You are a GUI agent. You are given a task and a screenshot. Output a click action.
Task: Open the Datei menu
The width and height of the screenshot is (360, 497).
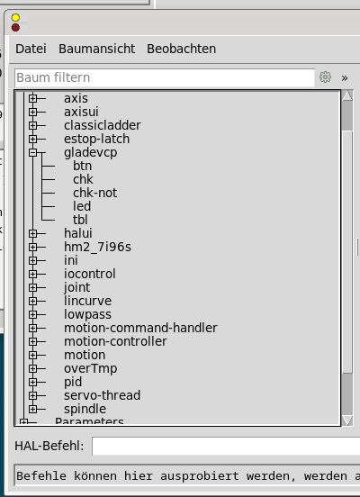coord(31,49)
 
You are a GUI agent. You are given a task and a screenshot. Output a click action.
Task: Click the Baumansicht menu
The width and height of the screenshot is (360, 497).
coord(96,49)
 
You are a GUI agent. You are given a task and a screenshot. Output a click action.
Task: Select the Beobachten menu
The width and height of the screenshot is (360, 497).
coord(181,49)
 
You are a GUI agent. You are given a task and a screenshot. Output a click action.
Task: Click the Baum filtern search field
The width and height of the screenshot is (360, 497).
coord(165,77)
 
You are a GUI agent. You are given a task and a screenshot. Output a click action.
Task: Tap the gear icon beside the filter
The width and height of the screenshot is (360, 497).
coord(325,77)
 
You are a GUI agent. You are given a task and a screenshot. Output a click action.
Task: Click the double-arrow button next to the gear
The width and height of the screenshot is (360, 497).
coord(345,78)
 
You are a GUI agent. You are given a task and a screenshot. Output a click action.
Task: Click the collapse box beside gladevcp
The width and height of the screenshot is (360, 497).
coord(32,153)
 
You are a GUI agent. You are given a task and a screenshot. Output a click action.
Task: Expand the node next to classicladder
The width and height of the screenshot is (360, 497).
coord(32,125)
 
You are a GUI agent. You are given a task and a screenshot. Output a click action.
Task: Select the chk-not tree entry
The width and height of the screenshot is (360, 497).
coord(94,193)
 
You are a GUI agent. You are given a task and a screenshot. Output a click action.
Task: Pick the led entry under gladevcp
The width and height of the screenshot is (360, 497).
coord(82,206)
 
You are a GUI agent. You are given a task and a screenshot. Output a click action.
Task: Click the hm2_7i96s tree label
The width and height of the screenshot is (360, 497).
coord(97,247)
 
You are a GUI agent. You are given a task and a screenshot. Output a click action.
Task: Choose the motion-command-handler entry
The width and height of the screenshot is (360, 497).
coord(140,328)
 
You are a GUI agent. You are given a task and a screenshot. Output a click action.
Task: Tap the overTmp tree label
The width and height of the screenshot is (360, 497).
coord(90,368)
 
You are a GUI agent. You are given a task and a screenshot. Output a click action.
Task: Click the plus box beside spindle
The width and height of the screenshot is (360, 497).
coord(32,409)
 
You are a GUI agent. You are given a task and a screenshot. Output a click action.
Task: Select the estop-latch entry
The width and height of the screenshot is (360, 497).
coord(96,140)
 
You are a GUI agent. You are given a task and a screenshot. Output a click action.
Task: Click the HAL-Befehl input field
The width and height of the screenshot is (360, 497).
coord(226,446)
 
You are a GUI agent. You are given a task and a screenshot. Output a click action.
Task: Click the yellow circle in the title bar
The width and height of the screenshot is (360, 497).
coord(15,18)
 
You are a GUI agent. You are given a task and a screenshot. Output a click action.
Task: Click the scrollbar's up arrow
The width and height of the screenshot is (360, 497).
coord(347,95)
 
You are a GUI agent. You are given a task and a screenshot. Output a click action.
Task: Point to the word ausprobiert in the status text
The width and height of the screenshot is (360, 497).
coord(199,476)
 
